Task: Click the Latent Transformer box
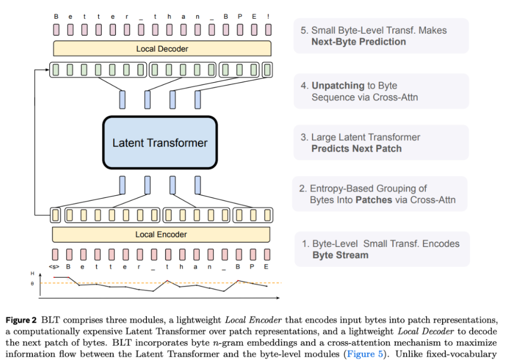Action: pyautogui.click(x=160, y=143)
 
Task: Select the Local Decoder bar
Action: pyautogui.click(x=162, y=49)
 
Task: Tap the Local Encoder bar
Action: pyautogui.click(x=161, y=234)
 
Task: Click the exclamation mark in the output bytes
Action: pyautogui.click(x=268, y=16)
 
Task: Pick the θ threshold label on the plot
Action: pyautogui.click(x=32, y=283)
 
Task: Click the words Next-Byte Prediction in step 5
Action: pyautogui.click(x=359, y=42)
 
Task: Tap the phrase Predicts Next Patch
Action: pyautogui.click(x=356, y=149)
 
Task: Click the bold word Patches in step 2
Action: pyautogui.click(x=374, y=200)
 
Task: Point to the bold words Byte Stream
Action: pyautogui.click(x=340, y=255)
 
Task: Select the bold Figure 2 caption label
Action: pyautogui.click(x=21, y=321)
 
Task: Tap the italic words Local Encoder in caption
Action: pyautogui.click(x=253, y=321)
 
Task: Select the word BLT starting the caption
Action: pyautogui.click(x=50, y=321)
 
